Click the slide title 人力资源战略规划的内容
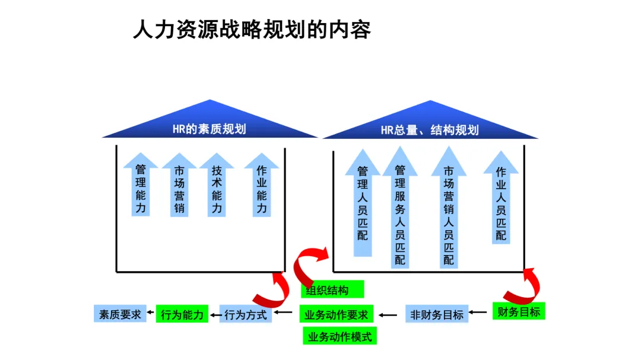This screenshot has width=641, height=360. (x=252, y=29)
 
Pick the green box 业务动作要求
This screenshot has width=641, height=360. (x=336, y=314)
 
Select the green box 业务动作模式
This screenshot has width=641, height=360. (x=339, y=336)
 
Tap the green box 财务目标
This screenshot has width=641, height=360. (x=519, y=311)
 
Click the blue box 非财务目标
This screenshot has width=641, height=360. (x=437, y=314)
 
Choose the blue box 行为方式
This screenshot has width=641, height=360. (x=246, y=314)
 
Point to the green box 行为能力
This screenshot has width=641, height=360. (x=183, y=314)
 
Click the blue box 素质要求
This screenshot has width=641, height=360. (x=120, y=314)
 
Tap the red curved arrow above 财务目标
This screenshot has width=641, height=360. (x=525, y=286)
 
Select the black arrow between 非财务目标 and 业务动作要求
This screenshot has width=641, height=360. (x=389, y=315)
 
